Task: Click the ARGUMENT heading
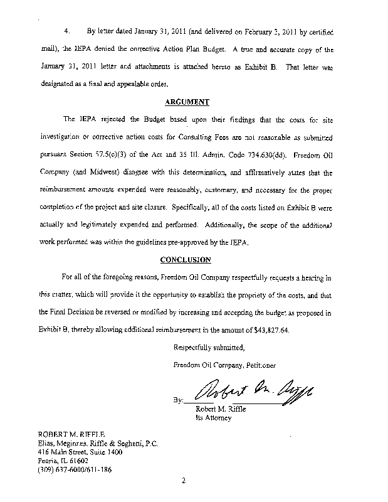click(x=187, y=102)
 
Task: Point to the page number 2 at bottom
click(x=184, y=482)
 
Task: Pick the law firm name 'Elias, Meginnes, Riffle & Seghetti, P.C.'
click(x=98, y=442)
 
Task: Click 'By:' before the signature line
click(x=179, y=400)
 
